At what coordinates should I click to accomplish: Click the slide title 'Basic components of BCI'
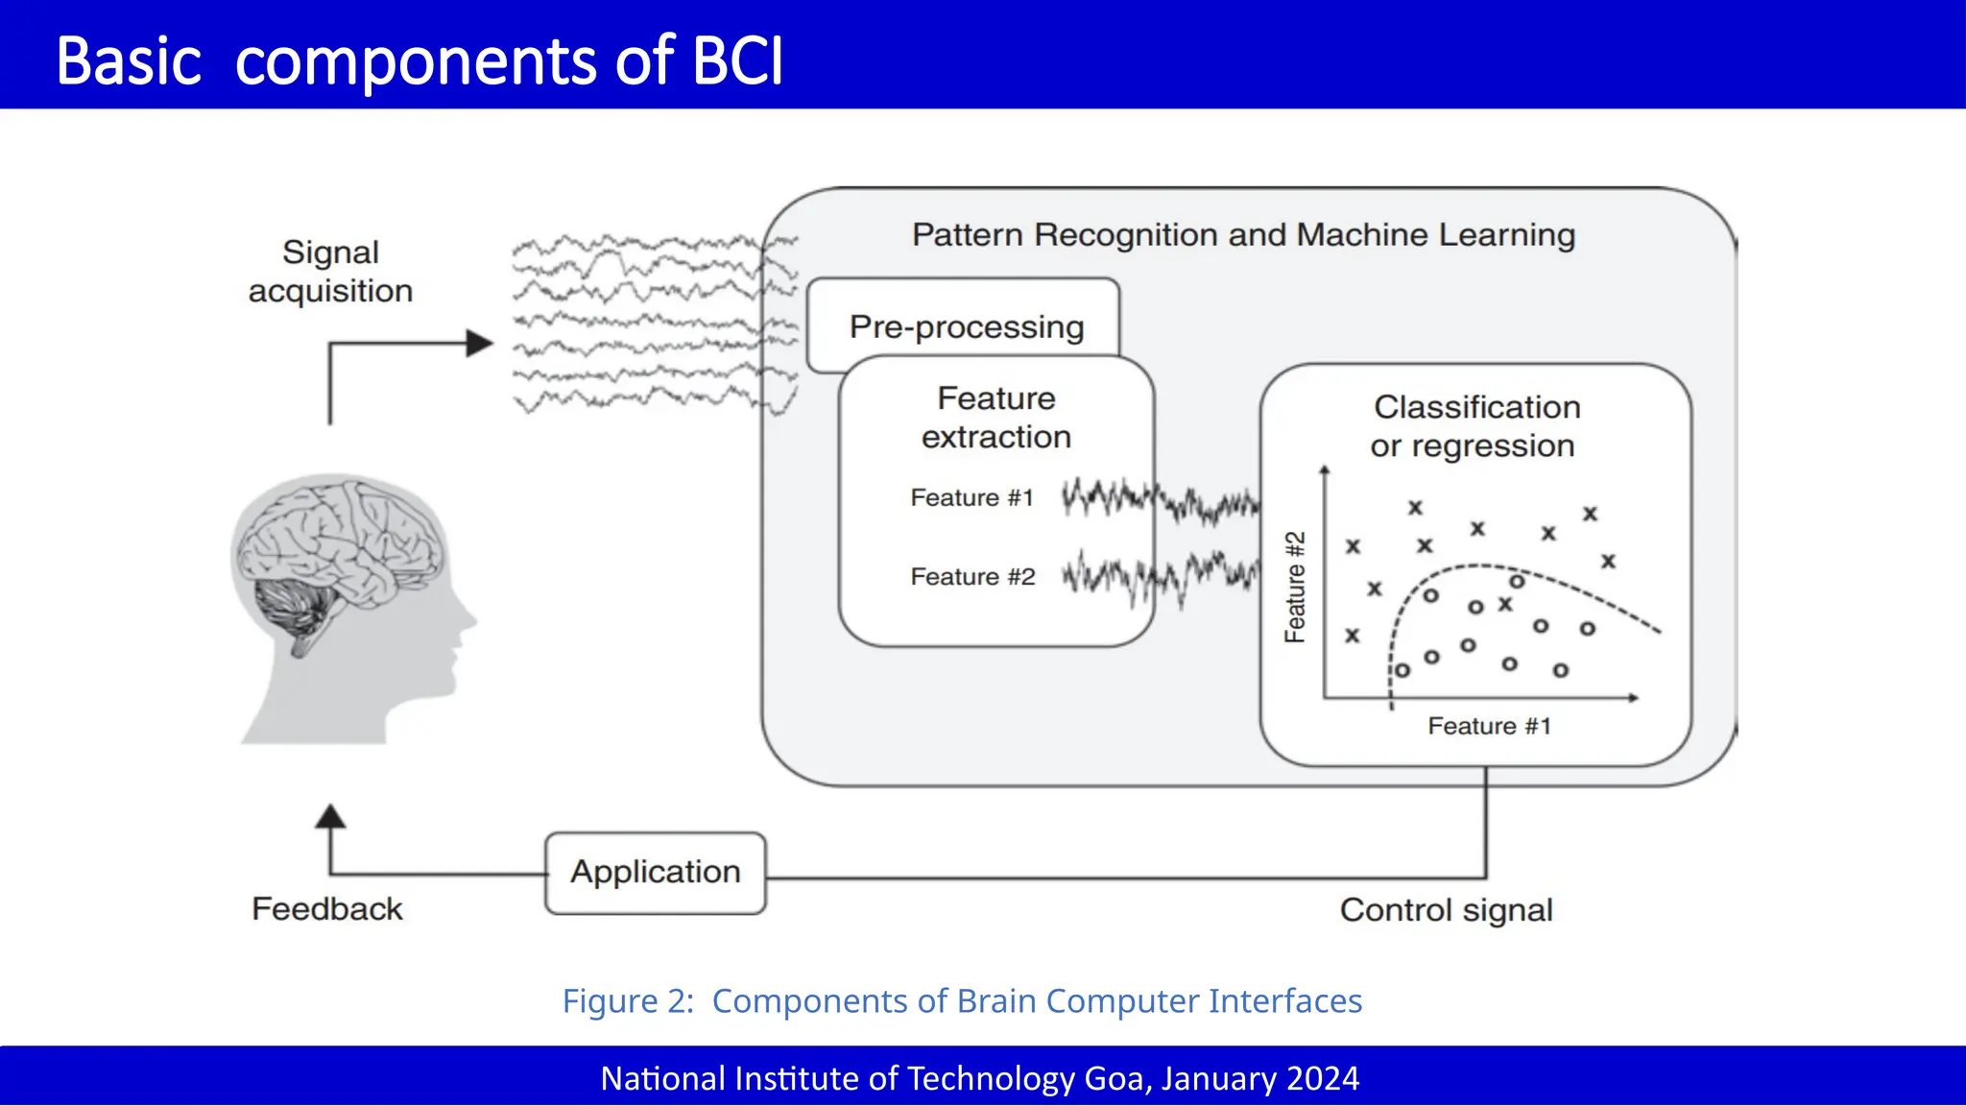coord(420,61)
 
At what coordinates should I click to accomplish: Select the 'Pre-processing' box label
coord(966,327)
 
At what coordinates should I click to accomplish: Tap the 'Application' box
coord(656,872)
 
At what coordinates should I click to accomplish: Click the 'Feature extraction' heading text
coord(995,418)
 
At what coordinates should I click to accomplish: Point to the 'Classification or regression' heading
coord(1475,426)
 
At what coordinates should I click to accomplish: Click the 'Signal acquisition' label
coord(330,272)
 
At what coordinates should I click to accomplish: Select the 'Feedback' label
coord(326,909)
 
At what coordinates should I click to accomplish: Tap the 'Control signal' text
coord(1446,910)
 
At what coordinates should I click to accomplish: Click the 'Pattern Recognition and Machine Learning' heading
coord(1243,235)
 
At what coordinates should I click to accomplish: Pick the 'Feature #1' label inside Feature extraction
coord(971,498)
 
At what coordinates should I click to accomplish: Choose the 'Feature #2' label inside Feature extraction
coord(972,577)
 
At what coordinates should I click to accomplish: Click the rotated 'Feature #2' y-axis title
coord(1295,587)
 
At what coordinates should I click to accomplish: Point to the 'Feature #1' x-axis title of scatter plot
coord(1489,727)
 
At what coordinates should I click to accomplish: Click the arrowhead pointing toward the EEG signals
coord(479,343)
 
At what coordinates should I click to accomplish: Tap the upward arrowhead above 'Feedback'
coord(330,817)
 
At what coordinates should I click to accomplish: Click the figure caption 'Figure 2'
coord(627,1001)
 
